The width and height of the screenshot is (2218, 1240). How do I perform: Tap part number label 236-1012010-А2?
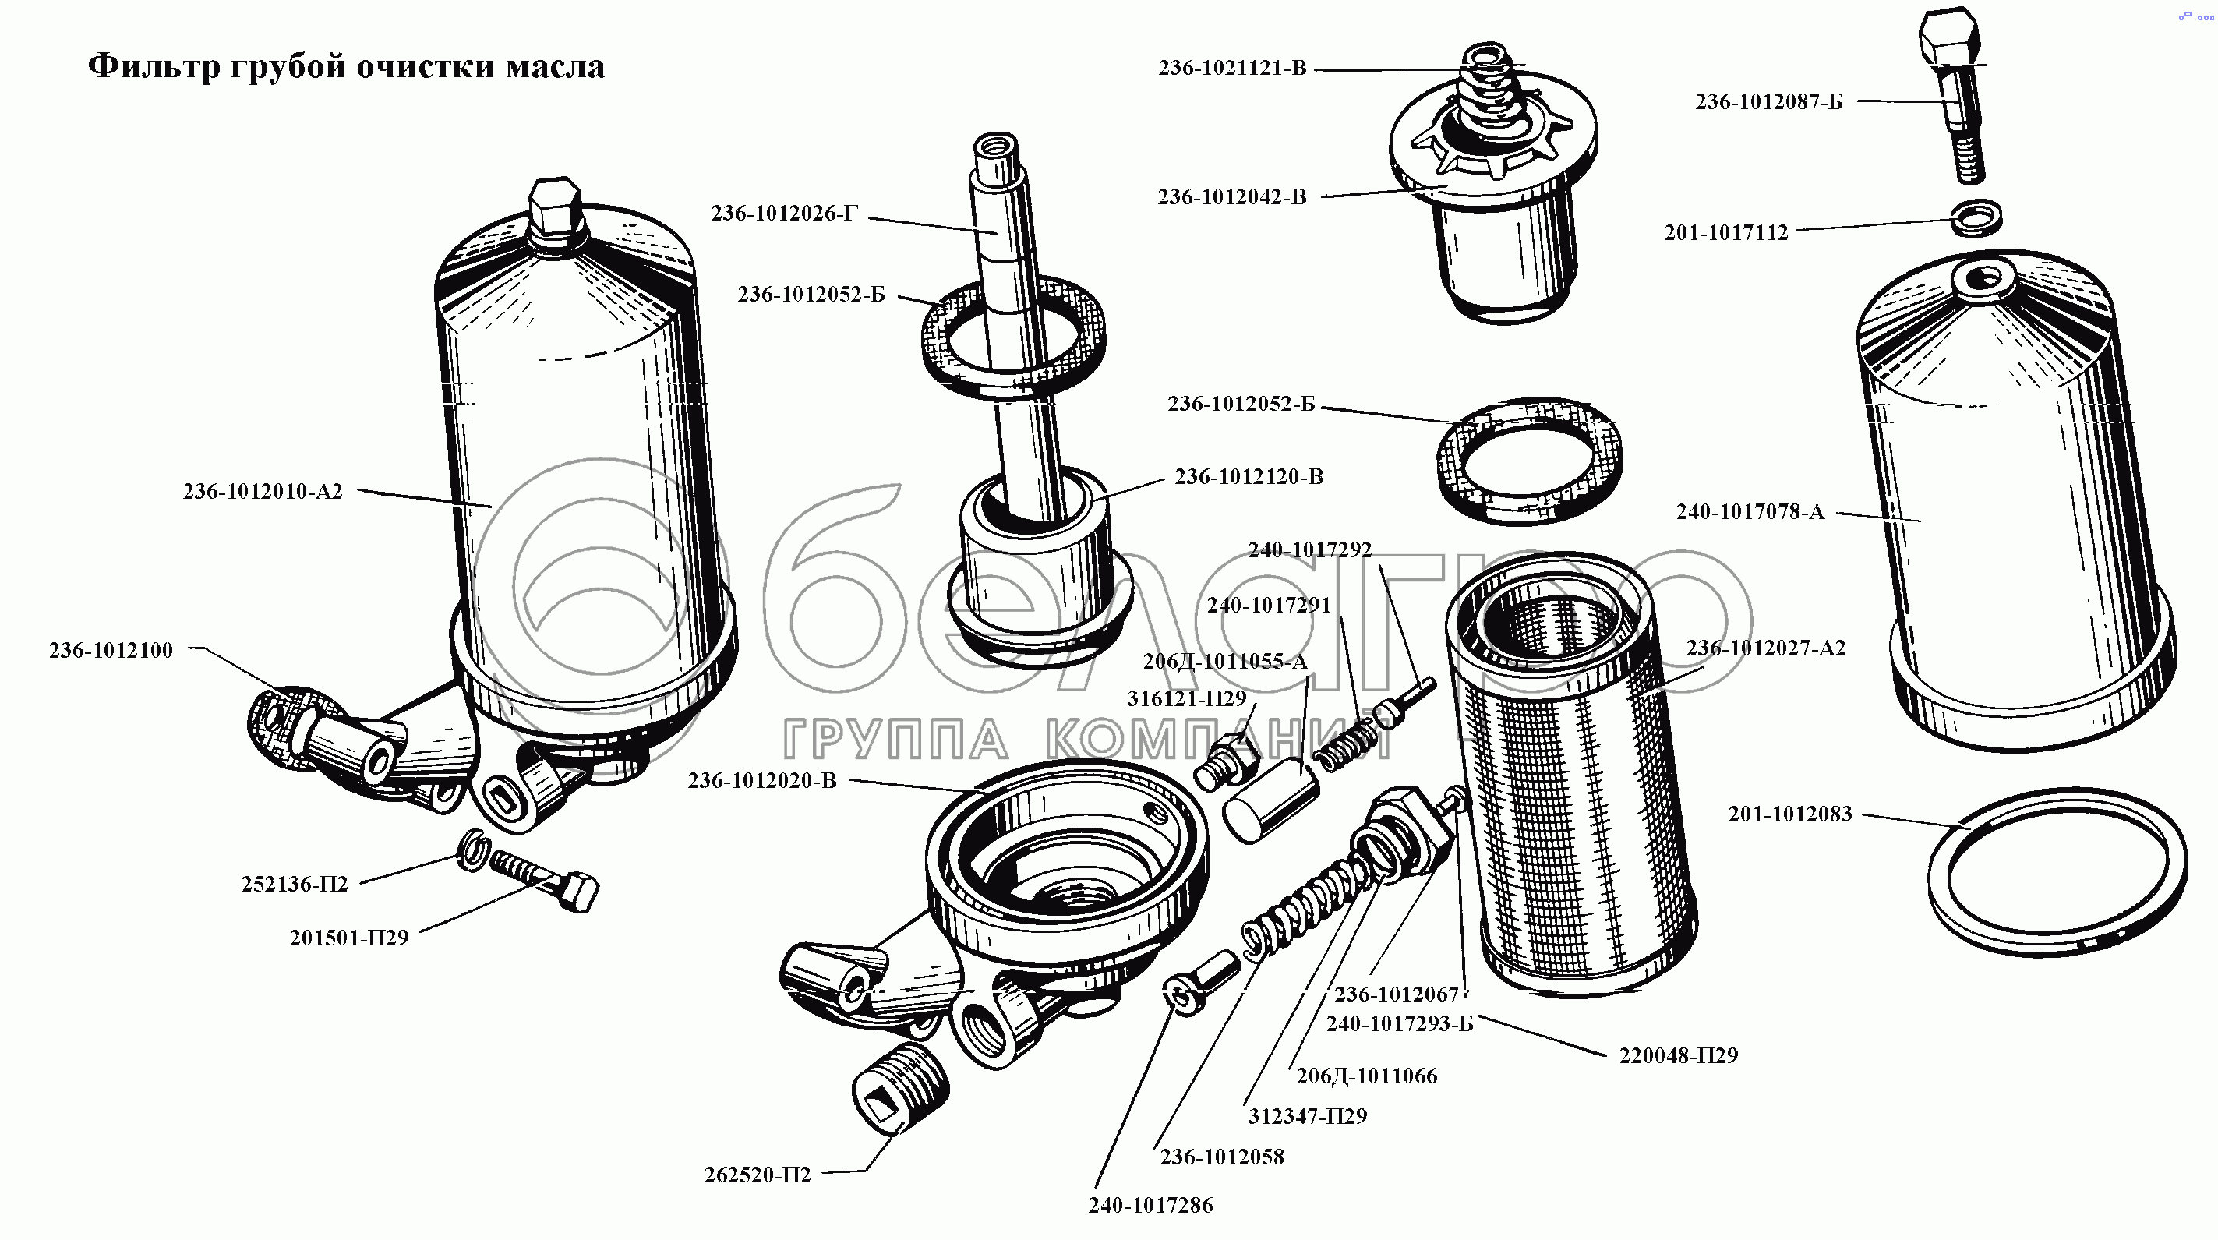click(x=263, y=492)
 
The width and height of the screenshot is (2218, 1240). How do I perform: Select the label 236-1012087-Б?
click(x=1768, y=101)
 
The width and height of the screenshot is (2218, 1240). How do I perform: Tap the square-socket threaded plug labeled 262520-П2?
click(x=900, y=1092)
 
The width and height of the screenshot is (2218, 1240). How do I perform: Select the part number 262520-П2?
click(x=758, y=1175)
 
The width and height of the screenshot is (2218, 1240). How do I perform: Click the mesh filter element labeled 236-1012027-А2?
click(x=1571, y=775)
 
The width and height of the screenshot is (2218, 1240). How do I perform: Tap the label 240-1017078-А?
click(x=1750, y=511)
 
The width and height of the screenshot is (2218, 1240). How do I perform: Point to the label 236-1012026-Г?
click(x=784, y=214)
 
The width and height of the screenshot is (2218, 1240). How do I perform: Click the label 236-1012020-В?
click(x=762, y=781)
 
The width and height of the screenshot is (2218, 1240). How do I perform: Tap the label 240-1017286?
click(x=1150, y=1206)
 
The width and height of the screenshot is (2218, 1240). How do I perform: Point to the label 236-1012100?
click(x=111, y=650)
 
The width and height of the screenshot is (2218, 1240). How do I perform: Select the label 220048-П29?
click(x=1678, y=1055)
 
